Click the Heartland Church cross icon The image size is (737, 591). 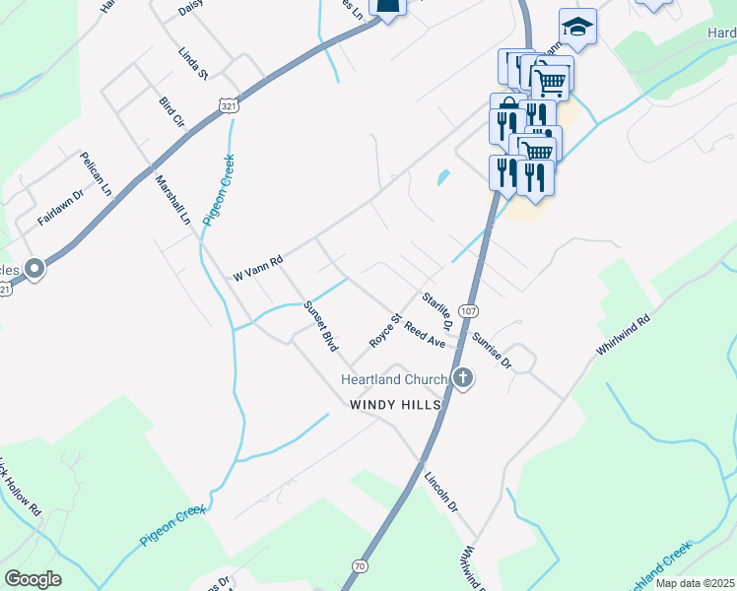tap(463, 378)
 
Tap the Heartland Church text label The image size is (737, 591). tap(394, 379)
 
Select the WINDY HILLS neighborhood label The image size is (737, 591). tap(394, 405)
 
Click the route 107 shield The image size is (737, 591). tap(469, 310)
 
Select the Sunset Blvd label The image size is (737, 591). tap(321, 326)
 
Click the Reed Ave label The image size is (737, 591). tap(426, 333)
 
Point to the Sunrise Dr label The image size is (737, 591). tap(492, 351)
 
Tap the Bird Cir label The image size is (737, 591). tap(171, 112)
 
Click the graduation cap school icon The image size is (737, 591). tap(577, 28)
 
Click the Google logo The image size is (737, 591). tap(33, 579)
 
